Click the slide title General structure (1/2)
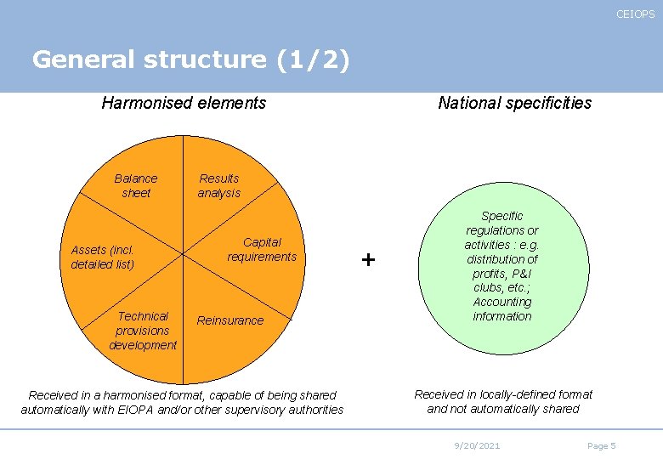pyautogui.click(x=190, y=59)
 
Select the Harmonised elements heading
pyautogui.click(x=184, y=103)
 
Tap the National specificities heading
pyautogui.click(x=514, y=103)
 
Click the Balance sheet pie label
pyautogui.click(x=136, y=185)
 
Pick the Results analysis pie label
pyautogui.click(x=219, y=185)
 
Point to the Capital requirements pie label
pyautogui.click(x=262, y=249)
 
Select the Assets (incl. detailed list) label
pyautogui.click(x=103, y=257)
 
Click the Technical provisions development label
pyautogui.click(x=143, y=330)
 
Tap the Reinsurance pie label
pyautogui.click(x=230, y=320)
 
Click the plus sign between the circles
pyautogui.click(x=368, y=259)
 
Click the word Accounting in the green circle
pyautogui.click(x=502, y=302)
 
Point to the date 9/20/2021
pyautogui.click(x=477, y=446)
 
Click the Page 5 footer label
pyautogui.click(x=601, y=446)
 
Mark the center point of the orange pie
pyautogui.click(x=184, y=253)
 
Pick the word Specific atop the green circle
pyautogui.click(x=502, y=216)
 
